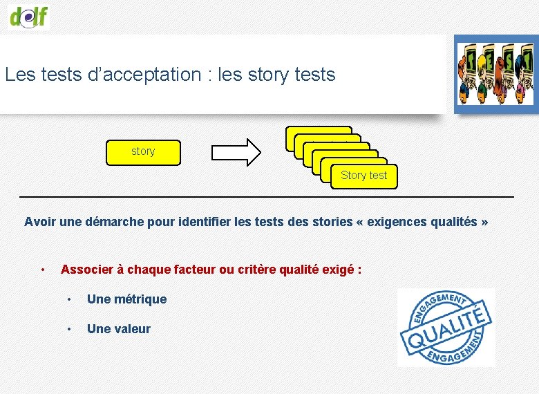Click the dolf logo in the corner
[x=29, y=15]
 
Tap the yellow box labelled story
[x=143, y=152]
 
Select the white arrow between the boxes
[x=236, y=151]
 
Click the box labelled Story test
[x=363, y=176]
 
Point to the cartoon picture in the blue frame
[x=496, y=74]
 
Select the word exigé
[x=338, y=269]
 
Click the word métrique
[x=140, y=299]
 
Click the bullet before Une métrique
[x=69, y=299]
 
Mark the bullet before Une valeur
[x=69, y=329]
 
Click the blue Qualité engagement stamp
[x=446, y=327]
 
